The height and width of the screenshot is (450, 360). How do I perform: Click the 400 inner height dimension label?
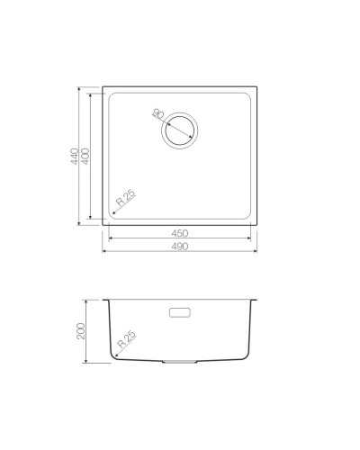pyautogui.click(x=86, y=157)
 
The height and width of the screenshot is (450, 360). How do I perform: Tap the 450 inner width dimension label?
pyautogui.click(x=179, y=232)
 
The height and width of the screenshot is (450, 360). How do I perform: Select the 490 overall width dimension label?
pyautogui.click(x=179, y=246)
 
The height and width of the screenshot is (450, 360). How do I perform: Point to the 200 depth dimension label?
pyautogui.click(x=81, y=330)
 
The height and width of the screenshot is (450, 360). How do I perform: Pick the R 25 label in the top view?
pyautogui.click(x=124, y=201)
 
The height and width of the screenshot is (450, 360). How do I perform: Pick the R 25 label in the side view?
pyautogui.click(x=127, y=341)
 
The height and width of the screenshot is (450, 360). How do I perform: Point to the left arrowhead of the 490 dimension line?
pyautogui.click(x=105, y=250)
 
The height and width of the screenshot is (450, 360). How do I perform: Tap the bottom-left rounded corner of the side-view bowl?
pyautogui.click(x=115, y=355)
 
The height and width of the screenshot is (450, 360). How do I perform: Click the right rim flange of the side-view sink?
pyautogui.click(x=255, y=299)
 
